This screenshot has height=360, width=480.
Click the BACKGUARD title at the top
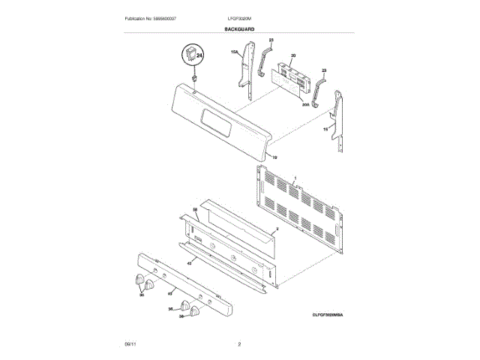pos(239,28)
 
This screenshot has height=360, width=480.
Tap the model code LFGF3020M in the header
pos(238,18)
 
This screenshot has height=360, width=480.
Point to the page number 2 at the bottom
pos(239,344)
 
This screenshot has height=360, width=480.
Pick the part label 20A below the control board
pos(305,106)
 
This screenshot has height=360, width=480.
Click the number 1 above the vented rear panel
pos(295,178)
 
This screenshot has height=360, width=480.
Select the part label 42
pos(190,262)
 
